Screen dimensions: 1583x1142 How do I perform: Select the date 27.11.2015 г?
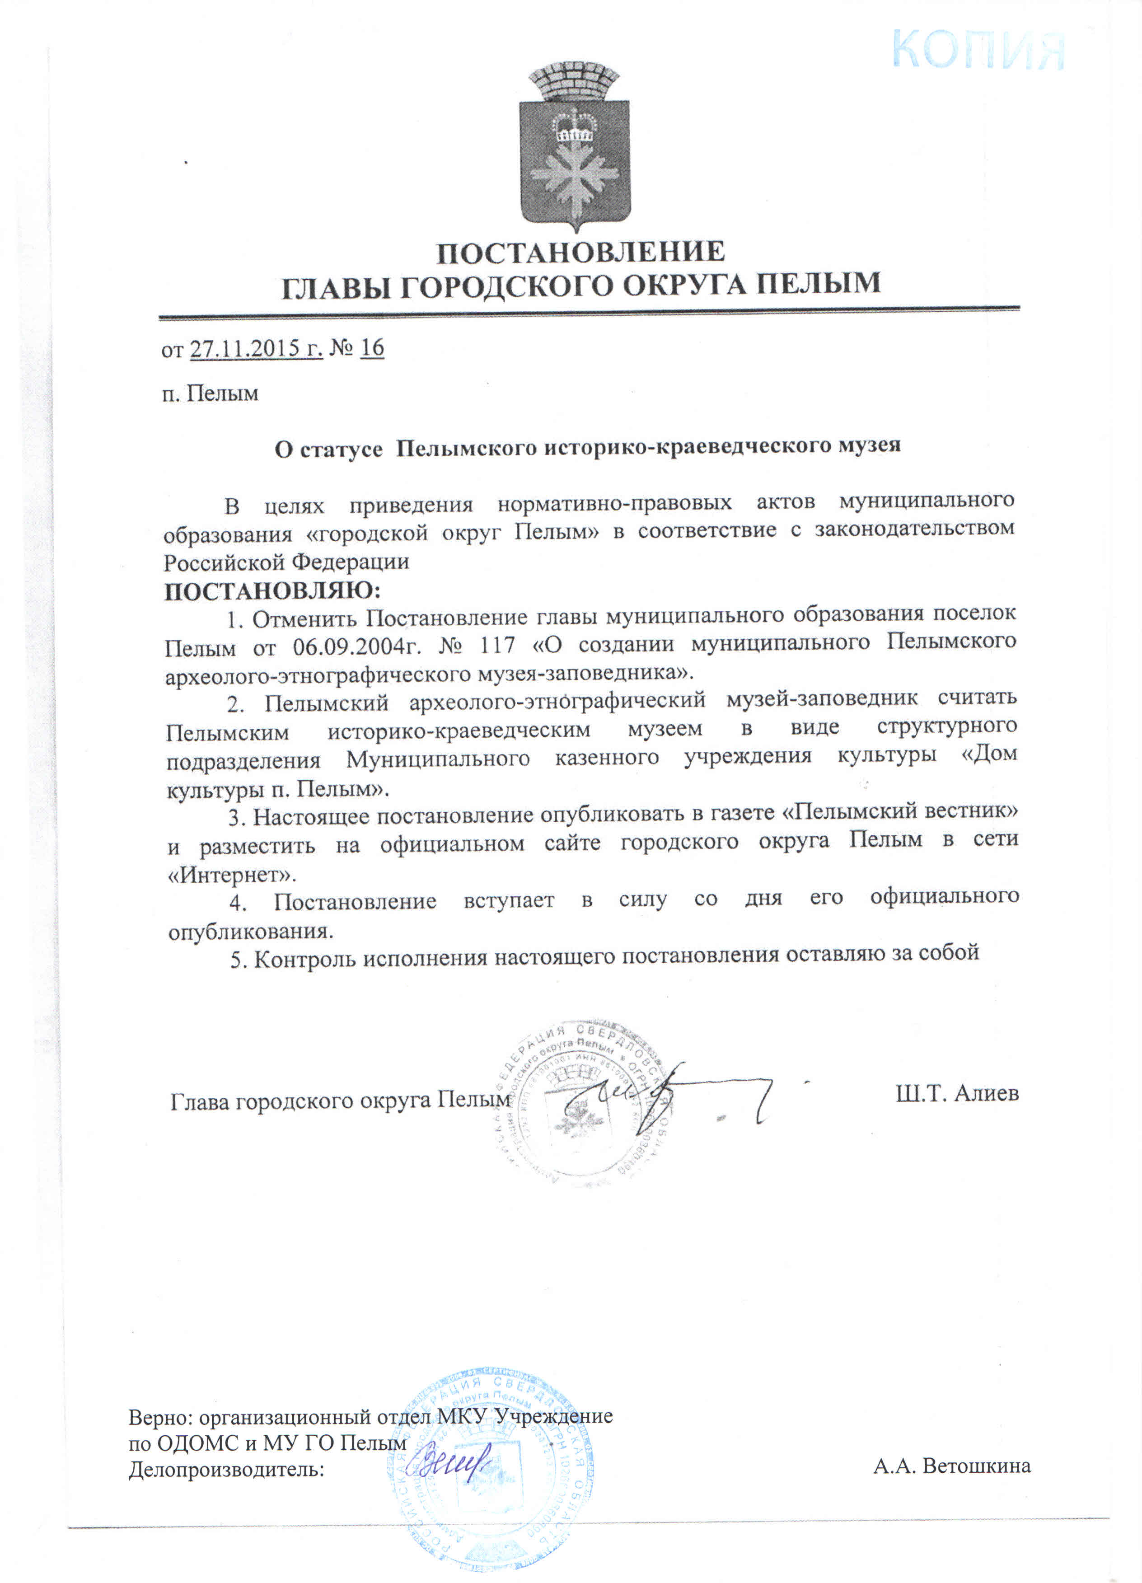coord(256,348)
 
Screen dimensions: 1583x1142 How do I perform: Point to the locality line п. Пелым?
coord(210,393)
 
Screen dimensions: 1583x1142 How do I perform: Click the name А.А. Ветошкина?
coord(951,1466)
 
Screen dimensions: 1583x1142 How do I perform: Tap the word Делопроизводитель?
coord(227,1469)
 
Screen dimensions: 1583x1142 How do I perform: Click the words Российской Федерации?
coord(286,562)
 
